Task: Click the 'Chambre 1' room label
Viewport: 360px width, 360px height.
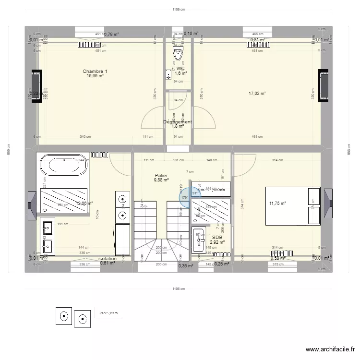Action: (95, 72)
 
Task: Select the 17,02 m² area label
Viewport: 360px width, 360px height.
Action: (257, 94)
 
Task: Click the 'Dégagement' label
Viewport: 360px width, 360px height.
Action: (178, 122)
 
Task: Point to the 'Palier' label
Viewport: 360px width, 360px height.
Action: (161, 176)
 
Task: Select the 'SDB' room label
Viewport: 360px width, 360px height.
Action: (216, 237)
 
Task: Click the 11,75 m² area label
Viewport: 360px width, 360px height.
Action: (277, 204)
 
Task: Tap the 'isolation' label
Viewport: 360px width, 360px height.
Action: (108, 258)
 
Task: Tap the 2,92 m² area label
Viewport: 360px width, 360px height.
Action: (216, 243)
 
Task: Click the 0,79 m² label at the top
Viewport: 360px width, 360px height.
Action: (111, 34)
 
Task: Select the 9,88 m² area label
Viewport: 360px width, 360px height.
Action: (161, 180)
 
